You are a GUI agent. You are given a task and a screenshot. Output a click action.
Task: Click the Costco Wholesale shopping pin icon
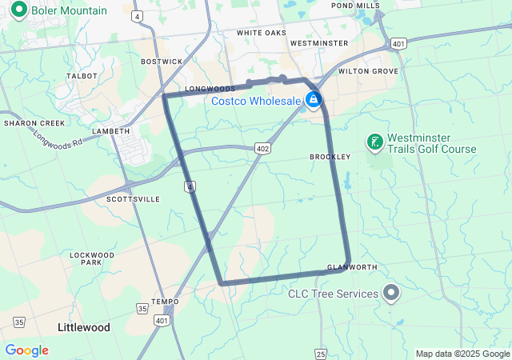[314, 100]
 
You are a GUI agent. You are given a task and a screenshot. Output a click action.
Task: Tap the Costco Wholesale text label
[256, 101]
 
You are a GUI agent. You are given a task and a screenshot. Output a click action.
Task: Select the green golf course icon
[374, 143]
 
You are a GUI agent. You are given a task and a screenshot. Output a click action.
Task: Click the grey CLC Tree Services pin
[391, 294]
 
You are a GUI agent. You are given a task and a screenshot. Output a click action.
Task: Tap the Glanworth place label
[346, 267]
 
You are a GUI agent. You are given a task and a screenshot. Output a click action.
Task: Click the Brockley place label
[326, 157]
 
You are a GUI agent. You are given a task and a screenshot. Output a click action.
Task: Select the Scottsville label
[133, 198]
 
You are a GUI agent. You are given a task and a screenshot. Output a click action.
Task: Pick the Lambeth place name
[111, 130]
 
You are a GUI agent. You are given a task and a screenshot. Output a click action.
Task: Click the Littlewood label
[84, 327]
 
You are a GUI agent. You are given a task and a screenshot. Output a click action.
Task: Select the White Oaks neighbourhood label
[261, 33]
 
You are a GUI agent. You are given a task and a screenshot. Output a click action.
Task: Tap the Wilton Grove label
[368, 71]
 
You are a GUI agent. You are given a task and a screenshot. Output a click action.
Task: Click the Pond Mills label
[355, 6]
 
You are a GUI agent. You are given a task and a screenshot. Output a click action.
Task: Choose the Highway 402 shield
[263, 149]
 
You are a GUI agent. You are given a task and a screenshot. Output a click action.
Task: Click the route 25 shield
[321, 353]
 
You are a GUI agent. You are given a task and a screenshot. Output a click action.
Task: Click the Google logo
[26, 350]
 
